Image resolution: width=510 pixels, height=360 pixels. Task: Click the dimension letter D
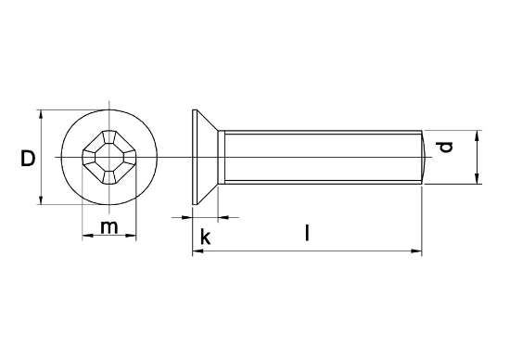28,160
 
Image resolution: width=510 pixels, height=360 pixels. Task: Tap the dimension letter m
110,227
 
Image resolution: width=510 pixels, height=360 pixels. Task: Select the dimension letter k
206,238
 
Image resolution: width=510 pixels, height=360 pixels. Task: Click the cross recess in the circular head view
109,158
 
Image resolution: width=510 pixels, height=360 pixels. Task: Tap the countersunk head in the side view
206,159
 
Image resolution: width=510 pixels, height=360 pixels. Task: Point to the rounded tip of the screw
426,159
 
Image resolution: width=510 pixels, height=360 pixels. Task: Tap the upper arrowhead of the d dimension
477,135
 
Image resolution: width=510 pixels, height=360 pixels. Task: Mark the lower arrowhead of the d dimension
477,182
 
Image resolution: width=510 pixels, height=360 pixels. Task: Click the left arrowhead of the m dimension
87,237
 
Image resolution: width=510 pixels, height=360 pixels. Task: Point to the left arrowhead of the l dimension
196,251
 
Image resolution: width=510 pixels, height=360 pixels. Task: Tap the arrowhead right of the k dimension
226,218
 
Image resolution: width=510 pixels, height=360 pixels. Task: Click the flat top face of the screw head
192,159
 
